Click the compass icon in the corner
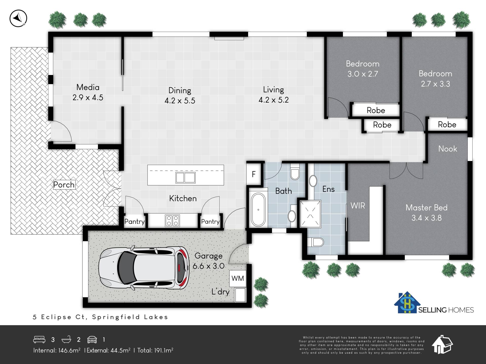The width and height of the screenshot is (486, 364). click(x=18, y=18)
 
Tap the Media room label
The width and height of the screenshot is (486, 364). click(x=88, y=87)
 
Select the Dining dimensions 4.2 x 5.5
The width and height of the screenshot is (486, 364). click(x=180, y=101)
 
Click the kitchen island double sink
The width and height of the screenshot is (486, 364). click(x=186, y=177)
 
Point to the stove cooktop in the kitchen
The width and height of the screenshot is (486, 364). click(x=172, y=220)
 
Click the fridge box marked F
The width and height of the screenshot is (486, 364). click(x=254, y=174)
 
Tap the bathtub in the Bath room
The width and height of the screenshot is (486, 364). click(x=258, y=210)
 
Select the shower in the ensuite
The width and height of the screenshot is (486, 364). click(x=310, y=214)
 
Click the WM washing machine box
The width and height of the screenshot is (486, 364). click(x=238, y=278)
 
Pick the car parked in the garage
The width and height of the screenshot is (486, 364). click(x=144, y=268)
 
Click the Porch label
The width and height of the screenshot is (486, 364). click(x=64, y=185)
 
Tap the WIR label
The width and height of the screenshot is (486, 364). click(x=358, y=206)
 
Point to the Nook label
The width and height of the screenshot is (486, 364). click(x=448, y=149)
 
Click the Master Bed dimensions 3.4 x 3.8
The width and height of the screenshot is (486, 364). click(x=427, y=218)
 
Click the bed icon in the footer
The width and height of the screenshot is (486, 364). click(x=39, y=339)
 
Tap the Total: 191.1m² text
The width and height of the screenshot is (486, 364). click(x=155, y=350)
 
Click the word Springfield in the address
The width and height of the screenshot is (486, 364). click(x=116, y=317)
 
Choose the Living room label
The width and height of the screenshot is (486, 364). click(x=273, y=90)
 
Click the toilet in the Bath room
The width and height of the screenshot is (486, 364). click(x=295, y=171)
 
